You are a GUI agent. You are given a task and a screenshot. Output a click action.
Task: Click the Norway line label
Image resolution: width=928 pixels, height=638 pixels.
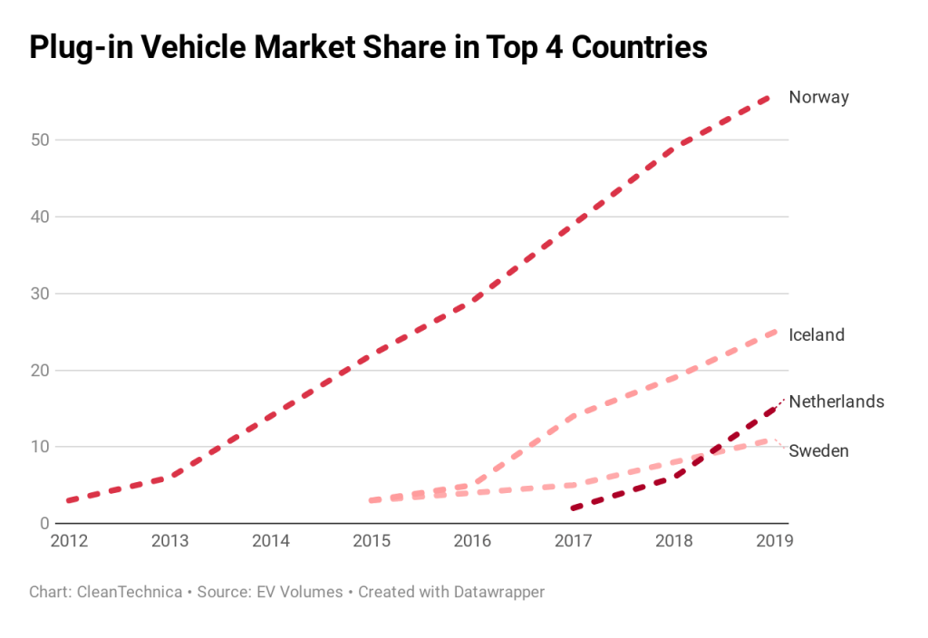coord(818,97)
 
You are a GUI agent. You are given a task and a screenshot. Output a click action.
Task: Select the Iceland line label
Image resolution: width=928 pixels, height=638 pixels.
coord(817,334)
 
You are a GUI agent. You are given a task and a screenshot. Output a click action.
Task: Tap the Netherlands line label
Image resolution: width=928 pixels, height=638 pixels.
coord(836,401)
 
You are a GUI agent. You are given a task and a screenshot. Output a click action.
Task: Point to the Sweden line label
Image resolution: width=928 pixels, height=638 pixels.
coord(818,450)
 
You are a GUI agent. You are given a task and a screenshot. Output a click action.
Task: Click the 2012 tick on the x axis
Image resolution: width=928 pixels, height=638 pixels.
coord(70,541)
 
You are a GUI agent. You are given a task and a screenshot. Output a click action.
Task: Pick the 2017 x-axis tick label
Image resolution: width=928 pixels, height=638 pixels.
coord(573,541)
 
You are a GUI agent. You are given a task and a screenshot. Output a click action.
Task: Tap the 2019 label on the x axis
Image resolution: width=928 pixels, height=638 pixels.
coord(774,541)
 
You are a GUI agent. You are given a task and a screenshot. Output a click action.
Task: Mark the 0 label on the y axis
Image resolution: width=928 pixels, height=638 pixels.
coord(43,524)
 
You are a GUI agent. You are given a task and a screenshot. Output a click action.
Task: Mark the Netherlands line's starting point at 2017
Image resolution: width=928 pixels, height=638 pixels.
coord(573,508)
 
